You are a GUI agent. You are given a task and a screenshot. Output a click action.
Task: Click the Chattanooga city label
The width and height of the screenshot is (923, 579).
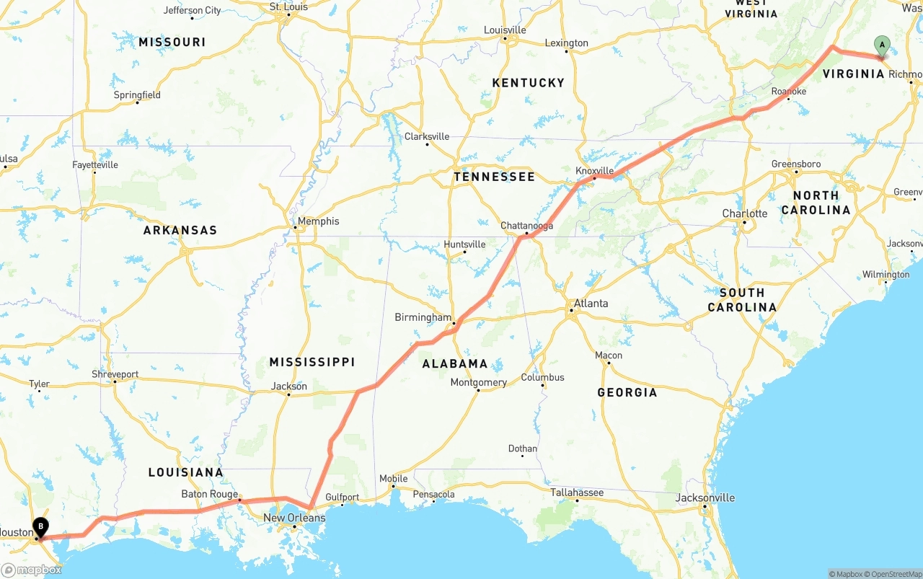coord(526,226)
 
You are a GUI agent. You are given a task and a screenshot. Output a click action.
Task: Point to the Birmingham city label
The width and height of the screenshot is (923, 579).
coord(423,317)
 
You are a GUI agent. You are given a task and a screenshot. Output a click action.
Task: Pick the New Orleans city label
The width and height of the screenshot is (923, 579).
coord(293,518)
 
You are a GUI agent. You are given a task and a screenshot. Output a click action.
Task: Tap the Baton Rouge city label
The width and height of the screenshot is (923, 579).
coord(209,494)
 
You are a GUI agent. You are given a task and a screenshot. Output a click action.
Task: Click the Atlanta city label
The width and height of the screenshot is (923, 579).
coord(591,303)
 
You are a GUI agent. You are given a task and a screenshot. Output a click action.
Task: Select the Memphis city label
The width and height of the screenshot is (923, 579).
coord(318,221)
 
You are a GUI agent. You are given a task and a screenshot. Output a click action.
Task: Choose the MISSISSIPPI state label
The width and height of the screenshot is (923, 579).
coord(312,361)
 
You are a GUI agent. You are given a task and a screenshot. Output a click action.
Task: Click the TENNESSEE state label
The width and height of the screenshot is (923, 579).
coord(494,177)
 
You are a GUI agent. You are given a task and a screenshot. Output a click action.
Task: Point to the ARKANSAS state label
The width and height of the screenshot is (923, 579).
coord(180,230)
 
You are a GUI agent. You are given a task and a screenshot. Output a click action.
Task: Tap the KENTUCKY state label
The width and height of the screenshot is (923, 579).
coord(528,83)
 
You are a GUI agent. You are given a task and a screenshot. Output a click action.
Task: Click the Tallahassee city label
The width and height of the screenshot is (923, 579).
coord(577,492)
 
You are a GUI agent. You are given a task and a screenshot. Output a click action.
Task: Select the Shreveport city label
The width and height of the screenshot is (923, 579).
coord(115,374)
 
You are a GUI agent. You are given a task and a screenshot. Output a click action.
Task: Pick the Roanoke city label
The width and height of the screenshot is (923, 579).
coord(788,92)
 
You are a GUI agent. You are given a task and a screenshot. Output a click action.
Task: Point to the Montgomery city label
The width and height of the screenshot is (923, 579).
coord(478,382)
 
